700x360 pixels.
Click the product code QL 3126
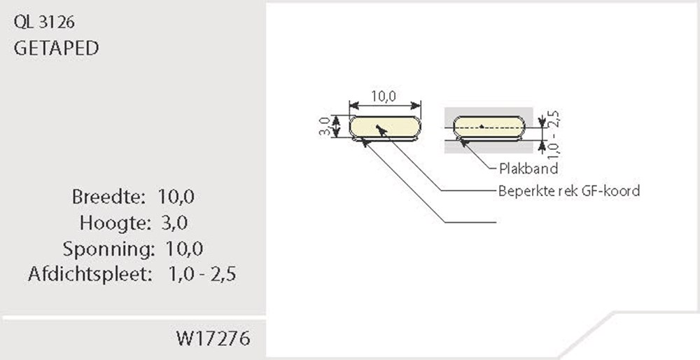tap(44, 22)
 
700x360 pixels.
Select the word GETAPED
tap(56, 48)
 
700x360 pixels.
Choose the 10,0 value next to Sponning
tap(184, 249)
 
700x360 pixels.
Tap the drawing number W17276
tap(213, 340)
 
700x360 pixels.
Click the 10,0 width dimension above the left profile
tap(384, 97)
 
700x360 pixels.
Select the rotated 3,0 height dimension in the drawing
tap(325, 127)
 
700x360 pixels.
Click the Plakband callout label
tap(528, 169)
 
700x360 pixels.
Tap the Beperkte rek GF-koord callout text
tap(568, 191)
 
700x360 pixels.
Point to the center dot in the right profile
tap(482, 127)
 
